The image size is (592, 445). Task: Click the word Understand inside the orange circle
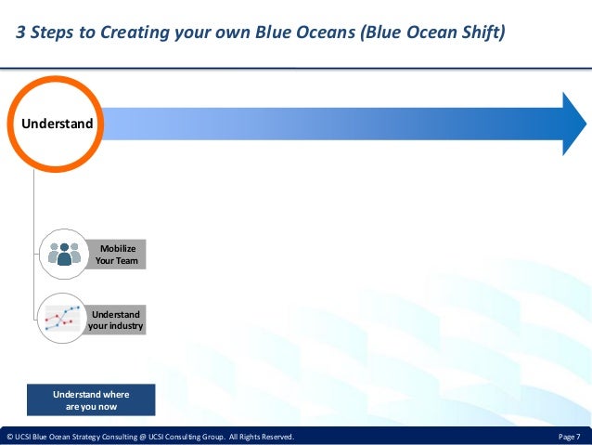(x=57, y=124)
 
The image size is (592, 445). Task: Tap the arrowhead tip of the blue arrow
(x=586, y=124)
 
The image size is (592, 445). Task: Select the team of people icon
(x=64, y=254)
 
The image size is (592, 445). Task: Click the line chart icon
(x=62, y=318)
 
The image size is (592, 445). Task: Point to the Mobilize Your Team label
(x=117, y=255)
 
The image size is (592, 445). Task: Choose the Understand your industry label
(x=116, y=321)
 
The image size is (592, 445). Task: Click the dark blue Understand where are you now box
(x=91, y=400)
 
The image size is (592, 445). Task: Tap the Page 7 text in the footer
(x=570, y=437)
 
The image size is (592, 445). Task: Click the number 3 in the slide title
(x=20, y=33)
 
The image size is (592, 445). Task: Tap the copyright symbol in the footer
(x=10, y=437)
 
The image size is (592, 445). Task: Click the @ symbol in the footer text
(x=143, y=437)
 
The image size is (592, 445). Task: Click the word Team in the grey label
(x=127, y=260)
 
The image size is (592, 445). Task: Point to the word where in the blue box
(x=116, y=394)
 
